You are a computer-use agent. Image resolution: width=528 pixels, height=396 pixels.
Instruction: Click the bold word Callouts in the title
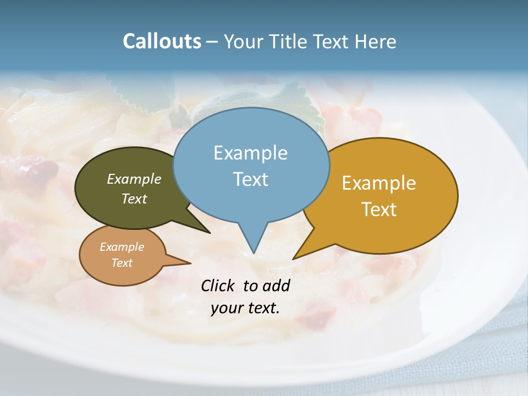162,41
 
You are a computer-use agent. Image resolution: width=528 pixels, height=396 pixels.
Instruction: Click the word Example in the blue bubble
250,153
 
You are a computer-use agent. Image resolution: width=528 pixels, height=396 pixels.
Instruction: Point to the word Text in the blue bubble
250,179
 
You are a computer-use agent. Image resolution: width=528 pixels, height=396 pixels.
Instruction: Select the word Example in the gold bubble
379,183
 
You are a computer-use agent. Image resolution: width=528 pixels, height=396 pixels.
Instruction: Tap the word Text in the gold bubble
379,210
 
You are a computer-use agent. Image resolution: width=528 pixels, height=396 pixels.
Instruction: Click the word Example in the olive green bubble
134,179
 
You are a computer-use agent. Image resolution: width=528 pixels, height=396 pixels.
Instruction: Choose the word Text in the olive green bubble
134,199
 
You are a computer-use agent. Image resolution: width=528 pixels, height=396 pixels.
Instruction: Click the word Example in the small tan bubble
122,247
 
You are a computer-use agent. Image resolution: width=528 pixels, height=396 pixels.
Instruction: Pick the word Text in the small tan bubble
122,263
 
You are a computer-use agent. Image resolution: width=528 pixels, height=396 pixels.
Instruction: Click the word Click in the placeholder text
219,285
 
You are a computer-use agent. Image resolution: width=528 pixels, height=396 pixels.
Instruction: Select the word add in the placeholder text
276,285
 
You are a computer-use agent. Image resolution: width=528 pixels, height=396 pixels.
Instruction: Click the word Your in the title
241,41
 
